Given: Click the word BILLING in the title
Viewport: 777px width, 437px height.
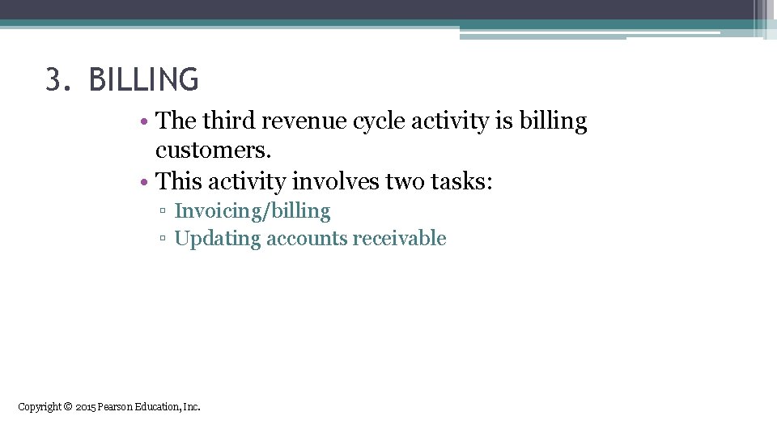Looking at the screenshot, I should (x=143, y=80).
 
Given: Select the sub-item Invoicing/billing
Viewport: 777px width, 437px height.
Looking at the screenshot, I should (x=253, y=212).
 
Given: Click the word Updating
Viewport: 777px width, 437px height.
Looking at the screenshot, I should (x=217, y=239).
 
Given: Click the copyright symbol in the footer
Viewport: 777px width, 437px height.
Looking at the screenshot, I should (x=68, y=406).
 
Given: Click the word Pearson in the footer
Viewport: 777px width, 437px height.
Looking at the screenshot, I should (x=115, y=406).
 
